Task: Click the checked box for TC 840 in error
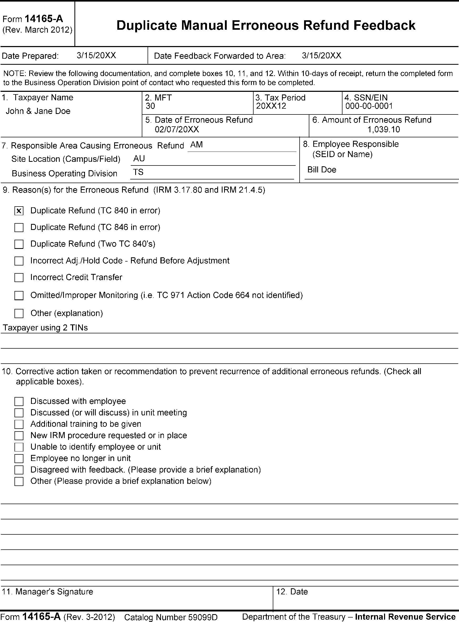click(19, 211)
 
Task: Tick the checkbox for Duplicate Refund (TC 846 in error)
click(19, 228)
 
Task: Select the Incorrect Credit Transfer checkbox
click(19, 278)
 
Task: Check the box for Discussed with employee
click(19, 401)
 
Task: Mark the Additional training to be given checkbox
click(19, 424)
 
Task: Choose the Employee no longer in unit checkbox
click(19, 458)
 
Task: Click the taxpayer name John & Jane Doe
click(38, 111)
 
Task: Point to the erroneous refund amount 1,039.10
click(384, 129)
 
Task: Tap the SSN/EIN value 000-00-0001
click(369, 106)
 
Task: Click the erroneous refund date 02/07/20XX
click(177, 129)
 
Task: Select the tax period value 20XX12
click(271, 106)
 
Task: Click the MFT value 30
click(150, 106)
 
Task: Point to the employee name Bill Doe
click(322, 170)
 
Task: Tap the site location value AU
click(139, 158)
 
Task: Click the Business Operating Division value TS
click(138, 172)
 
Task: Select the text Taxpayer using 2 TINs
click(45, 328)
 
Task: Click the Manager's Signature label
click(48, 592)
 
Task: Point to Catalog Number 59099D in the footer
click(171, 617)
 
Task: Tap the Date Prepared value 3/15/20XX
click(97, 55)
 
